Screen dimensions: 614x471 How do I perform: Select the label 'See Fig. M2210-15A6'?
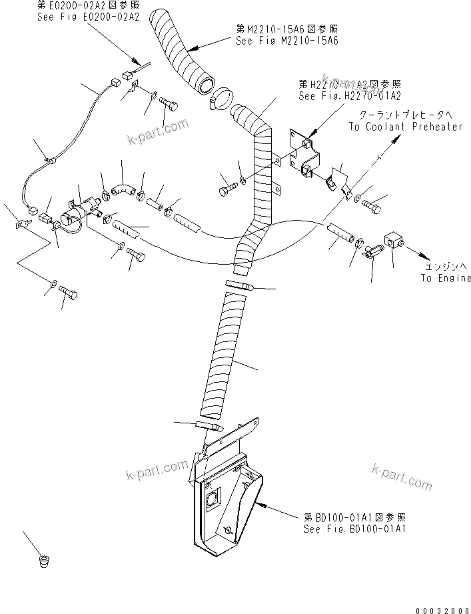[x=287, y=40]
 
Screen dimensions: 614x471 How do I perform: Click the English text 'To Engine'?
[x=445, y=278]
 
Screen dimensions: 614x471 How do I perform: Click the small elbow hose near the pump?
[x=123, y=190]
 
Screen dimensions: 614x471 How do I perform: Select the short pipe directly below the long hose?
[x=209, y=426]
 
